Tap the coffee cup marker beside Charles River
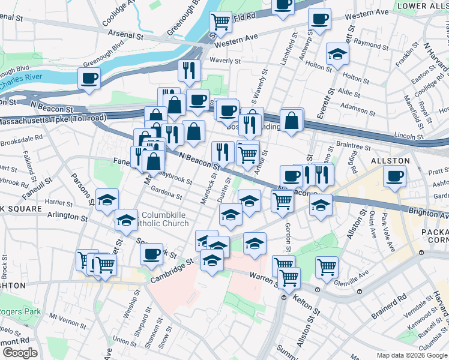click(89, 77)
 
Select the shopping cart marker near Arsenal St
click(220, 22)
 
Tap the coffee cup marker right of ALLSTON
click(394, 176)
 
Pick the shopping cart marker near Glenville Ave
click(327, 266)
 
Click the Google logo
click(19, 353)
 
